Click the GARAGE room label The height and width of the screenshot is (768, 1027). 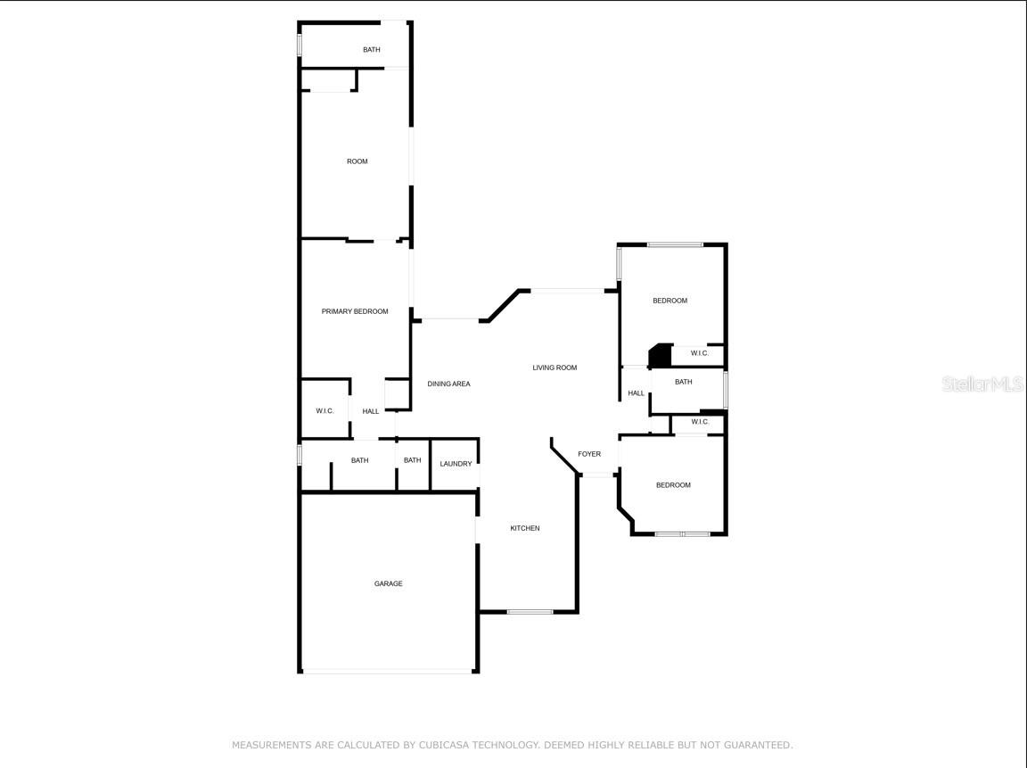[x=388, y=583]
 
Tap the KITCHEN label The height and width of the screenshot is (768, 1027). [x=524, y=528]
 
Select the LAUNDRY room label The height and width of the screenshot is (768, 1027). [x=456, y=464]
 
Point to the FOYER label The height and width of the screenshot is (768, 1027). [x=589, y=454]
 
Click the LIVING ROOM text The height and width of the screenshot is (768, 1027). [x=555, y=367]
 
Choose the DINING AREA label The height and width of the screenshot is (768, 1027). [x=448, y=384]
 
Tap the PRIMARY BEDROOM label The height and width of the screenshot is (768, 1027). [x=355, y=311]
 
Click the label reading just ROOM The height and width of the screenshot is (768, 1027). [x=357, y=161]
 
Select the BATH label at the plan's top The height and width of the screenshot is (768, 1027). [x=371, y=50]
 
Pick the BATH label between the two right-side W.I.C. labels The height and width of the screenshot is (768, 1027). [x=683, y=382]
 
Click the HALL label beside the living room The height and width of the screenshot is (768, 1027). [x=636, y=393]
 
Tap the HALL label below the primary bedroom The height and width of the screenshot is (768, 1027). [x=371, y=411]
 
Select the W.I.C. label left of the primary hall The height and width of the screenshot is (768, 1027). [x=325, y=411]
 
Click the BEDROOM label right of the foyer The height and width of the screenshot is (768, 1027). [x=673, y=485]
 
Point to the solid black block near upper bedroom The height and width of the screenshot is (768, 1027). [x=661, y=356]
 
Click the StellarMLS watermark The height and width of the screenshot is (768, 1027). [x=982, y=384]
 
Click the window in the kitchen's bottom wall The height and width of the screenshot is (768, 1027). [x=530, y=611]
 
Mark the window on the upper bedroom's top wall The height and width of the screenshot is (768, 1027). [x=675, y=244]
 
